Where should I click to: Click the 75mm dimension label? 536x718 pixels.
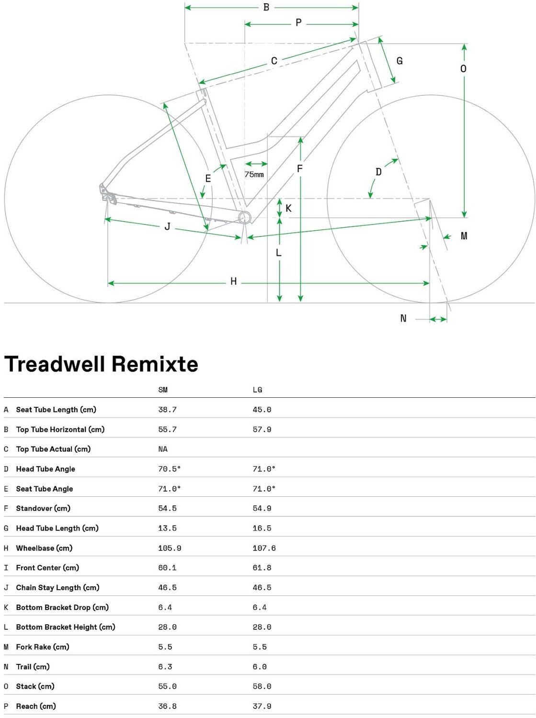(254, 175)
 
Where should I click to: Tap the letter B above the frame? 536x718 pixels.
(266, 7)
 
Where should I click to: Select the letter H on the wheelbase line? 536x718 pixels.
(233, 281)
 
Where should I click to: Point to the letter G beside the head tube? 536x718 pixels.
(399, 61)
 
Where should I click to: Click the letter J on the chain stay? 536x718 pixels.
(167, 226)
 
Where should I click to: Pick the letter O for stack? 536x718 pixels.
(463, 69)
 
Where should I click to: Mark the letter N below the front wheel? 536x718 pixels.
(403, 318)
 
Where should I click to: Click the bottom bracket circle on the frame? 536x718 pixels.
(245, 217)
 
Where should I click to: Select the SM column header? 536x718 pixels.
(163, 390)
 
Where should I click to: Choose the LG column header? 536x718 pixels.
(257, 390)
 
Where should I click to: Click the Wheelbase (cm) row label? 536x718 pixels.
(44, 548)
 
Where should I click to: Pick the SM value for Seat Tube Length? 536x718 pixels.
(167, 410)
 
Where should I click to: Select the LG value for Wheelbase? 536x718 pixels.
(264, 548)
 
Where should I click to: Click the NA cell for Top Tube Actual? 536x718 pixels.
(163, 449)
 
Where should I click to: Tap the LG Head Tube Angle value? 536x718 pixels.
(264, 469)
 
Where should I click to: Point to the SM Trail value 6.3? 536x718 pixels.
(165, 667)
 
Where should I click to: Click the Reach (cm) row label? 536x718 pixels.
(36, 706)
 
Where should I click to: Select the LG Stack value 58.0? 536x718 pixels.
(262, 686)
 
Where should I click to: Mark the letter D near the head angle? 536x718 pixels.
(378, 172)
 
